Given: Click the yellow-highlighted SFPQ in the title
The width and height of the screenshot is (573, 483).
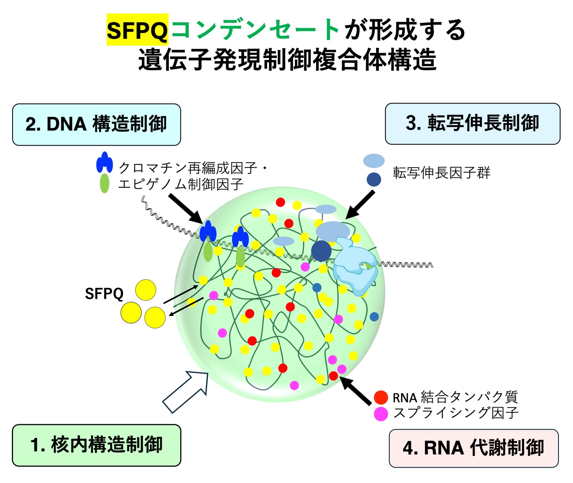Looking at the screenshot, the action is click(x=137, y=30).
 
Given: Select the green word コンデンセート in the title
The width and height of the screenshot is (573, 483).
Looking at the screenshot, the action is click(x=255, y=30).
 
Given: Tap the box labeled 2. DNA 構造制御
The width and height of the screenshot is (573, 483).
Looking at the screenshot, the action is click(x=97, y=125).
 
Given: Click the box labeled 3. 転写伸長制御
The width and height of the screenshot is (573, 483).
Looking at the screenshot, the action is click(x=473, y=124).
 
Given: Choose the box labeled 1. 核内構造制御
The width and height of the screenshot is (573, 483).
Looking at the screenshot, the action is click(x=97, y=445).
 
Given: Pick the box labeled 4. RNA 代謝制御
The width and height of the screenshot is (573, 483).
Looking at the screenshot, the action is click(x=474, y=448).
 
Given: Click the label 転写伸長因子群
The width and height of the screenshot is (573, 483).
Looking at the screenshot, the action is click(x=442, y=173).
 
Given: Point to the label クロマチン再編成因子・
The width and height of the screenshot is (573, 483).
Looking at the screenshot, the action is click(x=193, y=168).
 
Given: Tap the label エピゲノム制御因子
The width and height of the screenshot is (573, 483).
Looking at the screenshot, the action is click(x=181, y=184).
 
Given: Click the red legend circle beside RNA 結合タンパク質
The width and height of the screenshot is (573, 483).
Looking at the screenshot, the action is click(x=381, y=397).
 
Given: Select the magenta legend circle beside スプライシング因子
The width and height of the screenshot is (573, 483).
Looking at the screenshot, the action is click(x=381, y=414).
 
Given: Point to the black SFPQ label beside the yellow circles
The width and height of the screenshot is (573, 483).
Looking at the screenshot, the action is click(x=104, y=294).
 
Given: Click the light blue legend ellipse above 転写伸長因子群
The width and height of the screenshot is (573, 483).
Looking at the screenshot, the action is click(x=374, y=161).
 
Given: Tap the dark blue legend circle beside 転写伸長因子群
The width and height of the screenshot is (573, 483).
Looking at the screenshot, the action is click(x=374, y=179).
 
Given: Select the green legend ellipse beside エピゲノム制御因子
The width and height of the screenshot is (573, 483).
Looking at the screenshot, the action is click(x=105, y=183).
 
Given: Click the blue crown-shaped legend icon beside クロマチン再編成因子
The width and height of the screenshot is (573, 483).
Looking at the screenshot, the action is click(x=105, y=162).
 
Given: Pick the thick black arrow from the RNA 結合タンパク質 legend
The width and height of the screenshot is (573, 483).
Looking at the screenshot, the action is click(x=355, y=390).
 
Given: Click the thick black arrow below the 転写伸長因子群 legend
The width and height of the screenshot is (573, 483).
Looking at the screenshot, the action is click(x=360, y=205).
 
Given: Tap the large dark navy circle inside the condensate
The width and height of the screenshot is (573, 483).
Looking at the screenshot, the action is click(x=321, y=251).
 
